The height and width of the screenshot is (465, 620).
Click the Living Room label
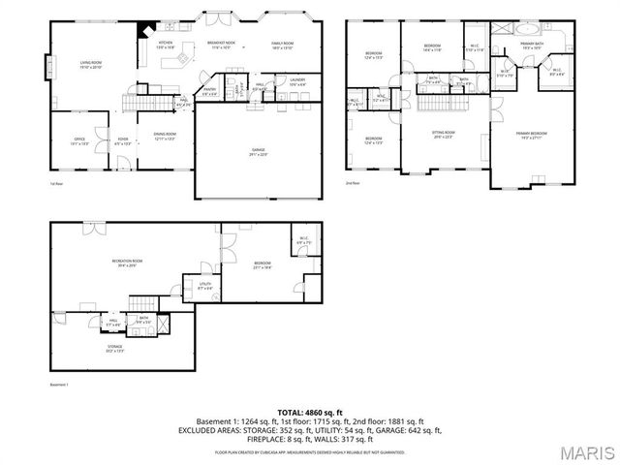(x=91, y=65)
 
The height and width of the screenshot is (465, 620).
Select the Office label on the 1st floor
(x=79, y=141)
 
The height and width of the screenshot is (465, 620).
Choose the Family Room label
(x=282, y=45)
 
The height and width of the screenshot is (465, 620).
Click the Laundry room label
(x=297, y=81)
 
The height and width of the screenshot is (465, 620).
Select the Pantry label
(x=210, y=92)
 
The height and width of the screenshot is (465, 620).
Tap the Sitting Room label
(x=444, y=135)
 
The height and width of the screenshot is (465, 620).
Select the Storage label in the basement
(x=114, y=347)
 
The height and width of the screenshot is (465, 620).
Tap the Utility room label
(x=205, y=286)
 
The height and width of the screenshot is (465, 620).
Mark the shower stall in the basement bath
(x=162, y=324)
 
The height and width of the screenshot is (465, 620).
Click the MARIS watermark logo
(x=584, y=452)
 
